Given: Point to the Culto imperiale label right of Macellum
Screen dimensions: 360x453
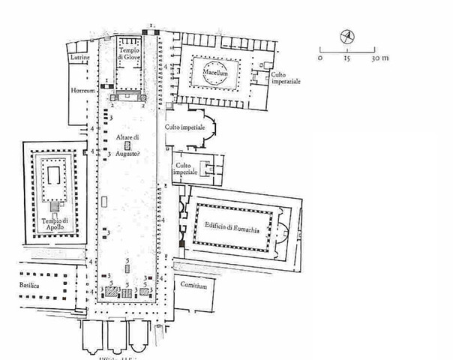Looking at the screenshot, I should (x=286, y=79).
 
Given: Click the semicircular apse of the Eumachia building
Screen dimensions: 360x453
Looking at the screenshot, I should (x=281, y=231).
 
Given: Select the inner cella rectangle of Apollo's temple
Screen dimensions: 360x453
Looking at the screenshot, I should (x=53, y=178).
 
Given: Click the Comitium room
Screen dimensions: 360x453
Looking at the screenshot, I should (x=194, y=289).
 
